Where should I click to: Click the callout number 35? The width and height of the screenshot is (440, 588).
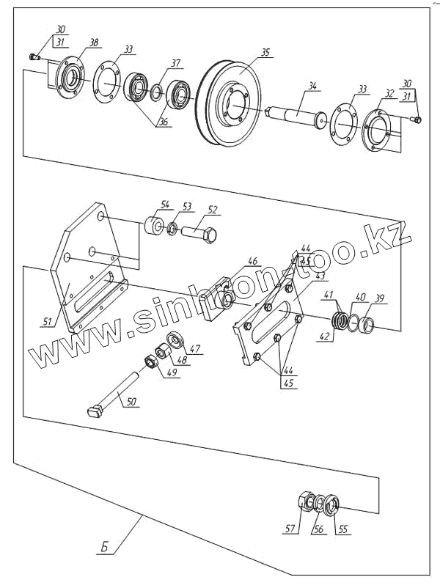pyautogui.click(x=265, y=52)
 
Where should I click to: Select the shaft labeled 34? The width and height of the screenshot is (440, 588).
pyautogui.click(x=297, y=112)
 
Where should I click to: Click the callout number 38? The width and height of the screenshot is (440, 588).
pyautogui.click(x=94, y=43)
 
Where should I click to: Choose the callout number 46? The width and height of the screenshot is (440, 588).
pyautogui.click(x=252, y=260)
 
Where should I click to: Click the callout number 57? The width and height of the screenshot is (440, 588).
pyautogui.click(x=291, y=528)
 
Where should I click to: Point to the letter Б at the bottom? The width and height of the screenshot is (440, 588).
pyautogui.click(x=106, y=547)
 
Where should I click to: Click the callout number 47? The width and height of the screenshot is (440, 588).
pyautogui.click(x=195, y=349)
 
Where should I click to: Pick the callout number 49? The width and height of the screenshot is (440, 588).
pyautogui.click(x=172, y=372)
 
